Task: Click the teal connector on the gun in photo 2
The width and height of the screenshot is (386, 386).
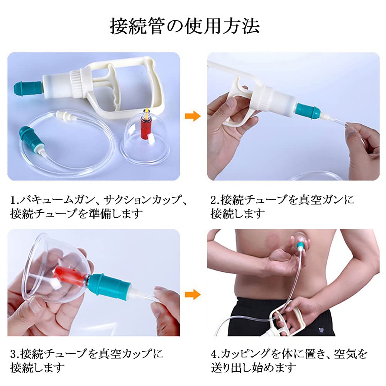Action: pos(307,110)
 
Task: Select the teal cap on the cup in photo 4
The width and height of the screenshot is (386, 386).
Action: pos(301,244)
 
